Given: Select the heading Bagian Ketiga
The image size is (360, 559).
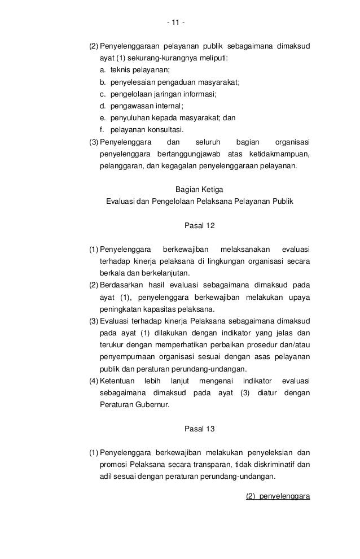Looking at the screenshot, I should [x=200, y=189].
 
